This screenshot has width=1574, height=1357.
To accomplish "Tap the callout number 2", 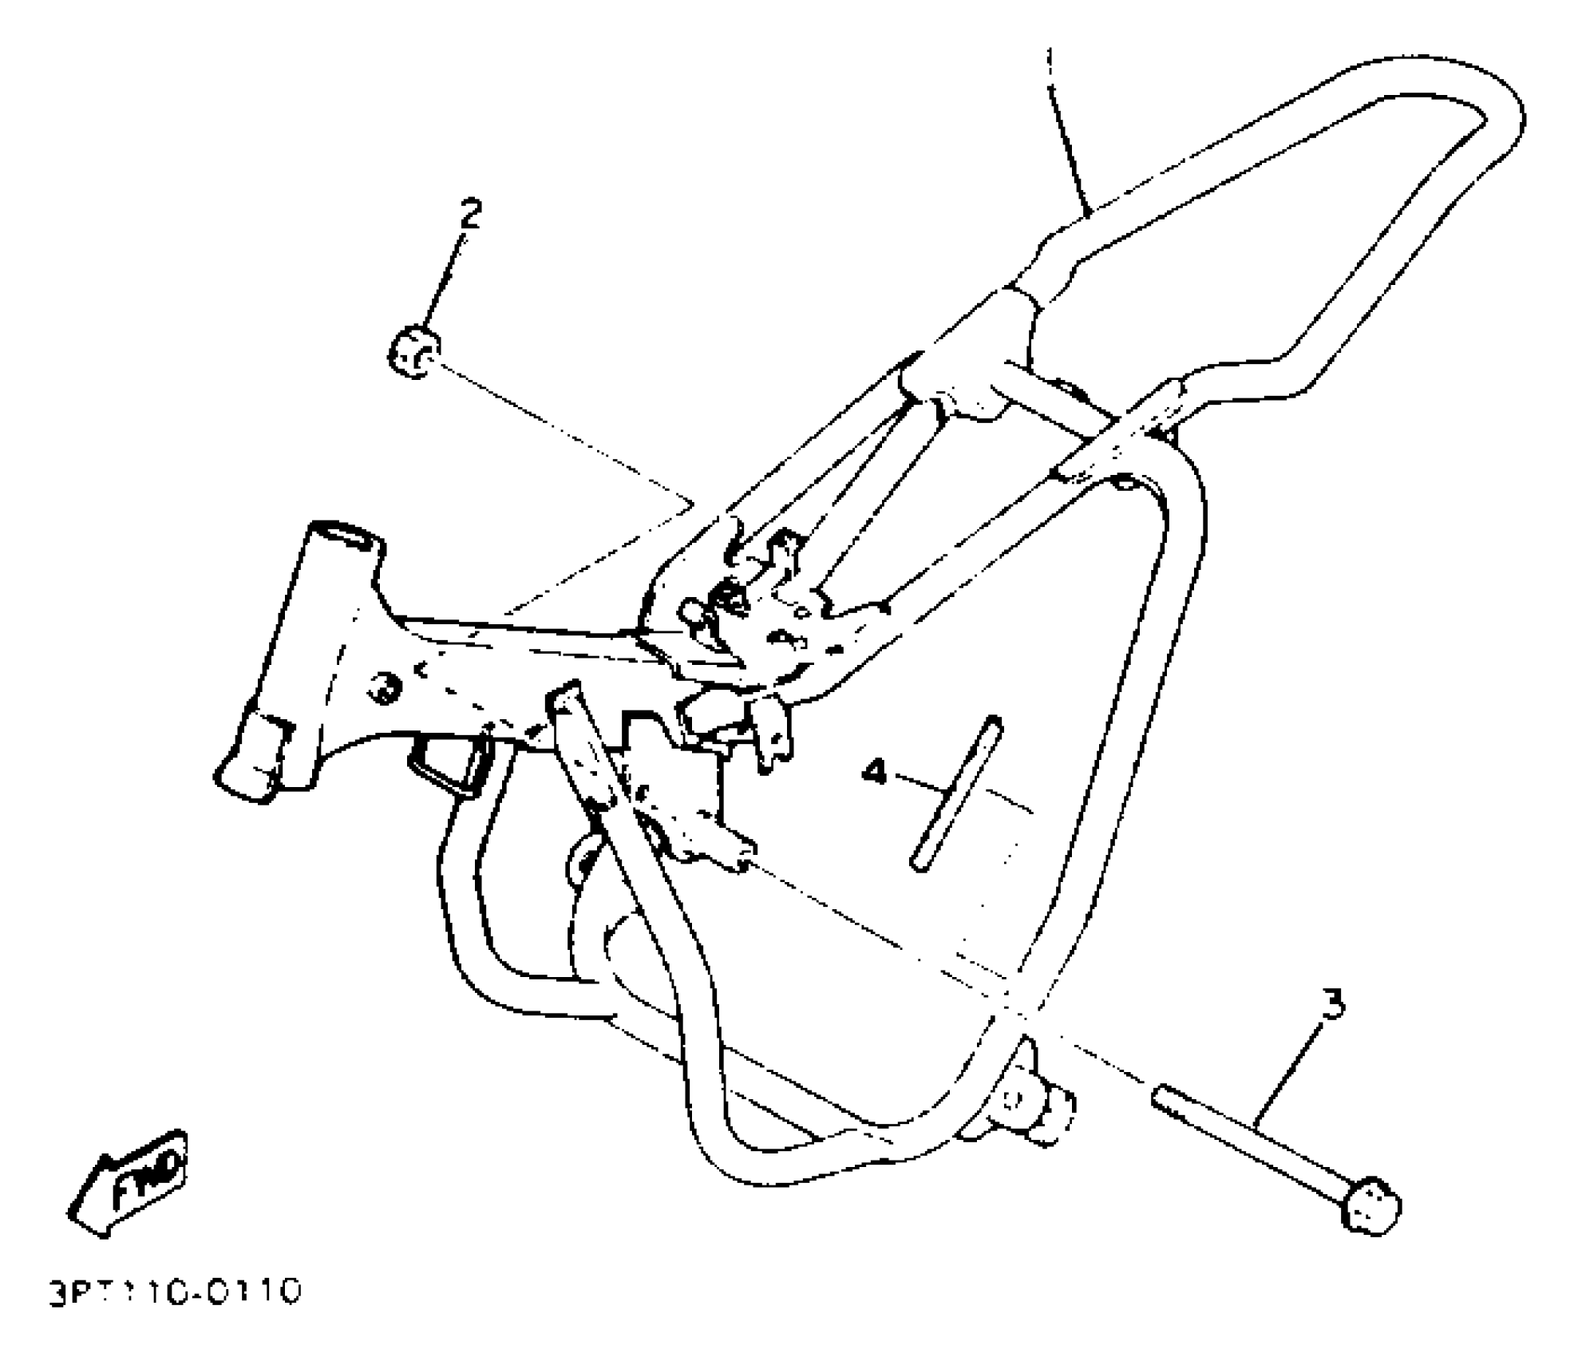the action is (x=469, y=213).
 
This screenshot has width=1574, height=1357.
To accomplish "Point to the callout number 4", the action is (x=876, y=772).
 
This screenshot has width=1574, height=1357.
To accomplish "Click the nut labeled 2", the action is (x=413, y=352).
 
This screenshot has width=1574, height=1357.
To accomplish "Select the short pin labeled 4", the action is (x=955, y=793).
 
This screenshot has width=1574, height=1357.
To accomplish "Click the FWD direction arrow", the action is (x=129, y=1181).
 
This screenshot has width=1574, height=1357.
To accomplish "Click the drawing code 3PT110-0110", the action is (x=175, y=1293).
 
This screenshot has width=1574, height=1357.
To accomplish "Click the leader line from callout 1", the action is (x=1070, y=136).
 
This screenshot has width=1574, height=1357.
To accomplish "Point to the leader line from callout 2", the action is (x=444, y=275).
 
